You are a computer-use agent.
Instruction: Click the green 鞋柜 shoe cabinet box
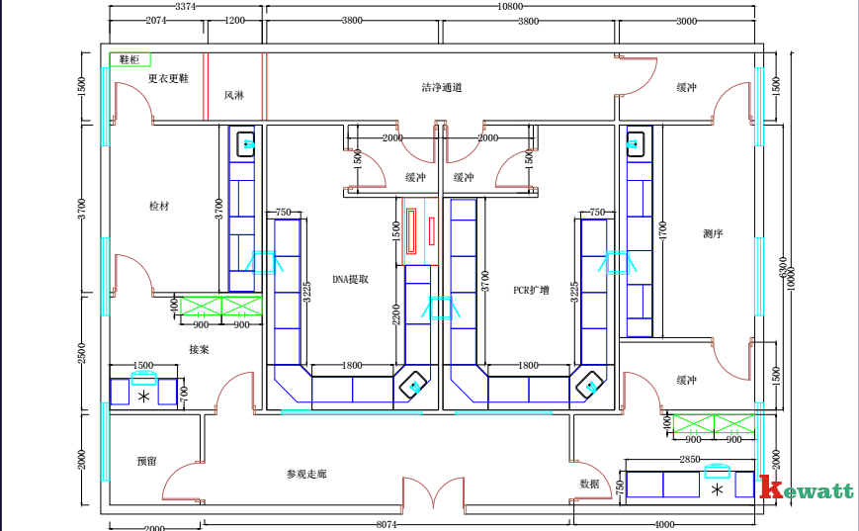[129, 60]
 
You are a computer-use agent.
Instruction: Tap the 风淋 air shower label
[233, 96]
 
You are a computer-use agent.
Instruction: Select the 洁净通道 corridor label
[442, 88]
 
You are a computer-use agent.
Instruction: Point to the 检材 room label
[159, 206]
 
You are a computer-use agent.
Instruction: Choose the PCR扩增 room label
[531, 291]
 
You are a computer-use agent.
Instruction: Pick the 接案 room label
[199, 349]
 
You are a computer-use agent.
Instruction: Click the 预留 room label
[147, 461]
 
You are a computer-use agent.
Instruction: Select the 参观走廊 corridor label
[306, 475]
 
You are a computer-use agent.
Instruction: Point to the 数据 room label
[590, 484]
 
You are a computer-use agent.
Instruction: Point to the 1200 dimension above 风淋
[235, 20]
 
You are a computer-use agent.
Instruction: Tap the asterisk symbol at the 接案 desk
[145, 397]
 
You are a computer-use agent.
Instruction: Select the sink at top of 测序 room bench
[635, 145]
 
